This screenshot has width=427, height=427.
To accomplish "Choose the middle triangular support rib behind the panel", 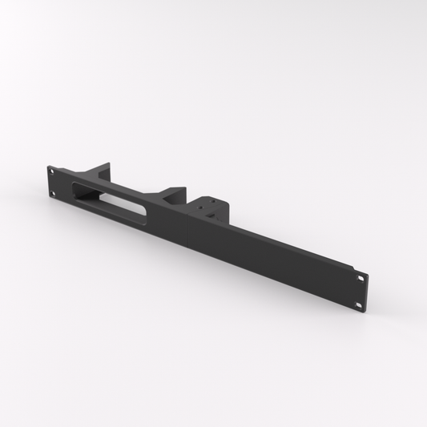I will tap(171, 194).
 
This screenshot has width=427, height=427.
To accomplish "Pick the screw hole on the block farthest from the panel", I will tap(213, 201).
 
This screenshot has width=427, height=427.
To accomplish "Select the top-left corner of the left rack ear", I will tap(46, 164).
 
